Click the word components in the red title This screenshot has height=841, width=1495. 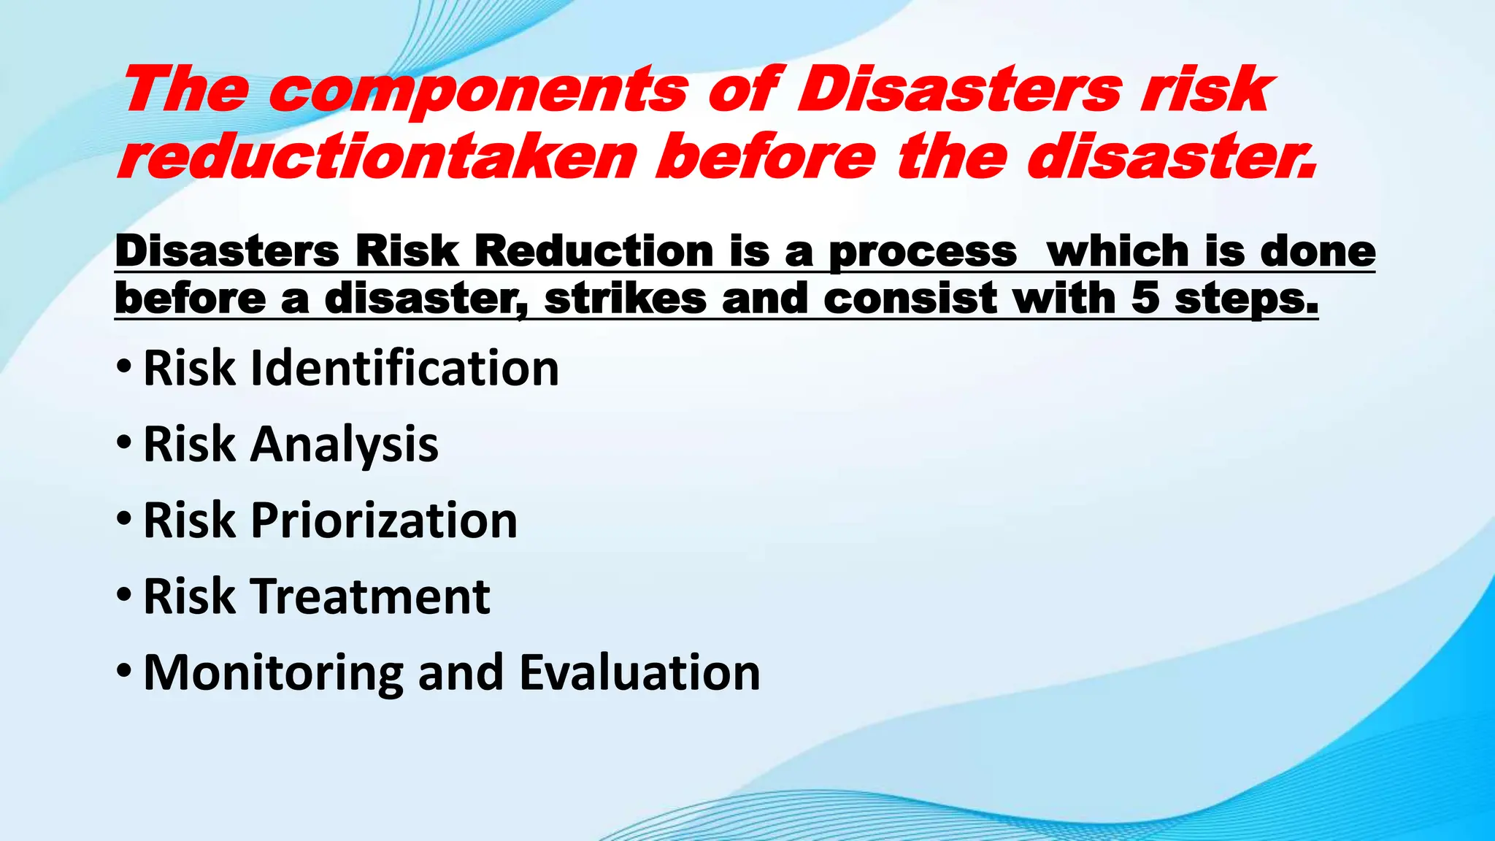click(x=478, y=91)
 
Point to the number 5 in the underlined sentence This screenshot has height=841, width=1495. click(x=1145, y=299)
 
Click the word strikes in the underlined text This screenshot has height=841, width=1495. click(x=626, y=299)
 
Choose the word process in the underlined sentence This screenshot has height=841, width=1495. click(x=923, y=253)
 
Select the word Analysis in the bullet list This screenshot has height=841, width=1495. click(x=344, y=445)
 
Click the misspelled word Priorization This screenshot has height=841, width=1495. click(x=384, y=521)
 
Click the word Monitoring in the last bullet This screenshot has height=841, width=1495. click(x=273, y=672)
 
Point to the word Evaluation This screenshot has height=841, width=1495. click(x=639, y=672)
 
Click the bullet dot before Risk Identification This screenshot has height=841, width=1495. click(x=124, y=366)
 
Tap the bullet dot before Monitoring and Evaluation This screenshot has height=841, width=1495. click(x=124, y=670)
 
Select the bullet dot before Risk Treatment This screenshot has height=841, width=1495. click(x=124, y=594)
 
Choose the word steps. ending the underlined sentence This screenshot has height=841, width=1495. click(x=1246, y=299)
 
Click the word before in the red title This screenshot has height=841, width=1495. click(x=765, y=157)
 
